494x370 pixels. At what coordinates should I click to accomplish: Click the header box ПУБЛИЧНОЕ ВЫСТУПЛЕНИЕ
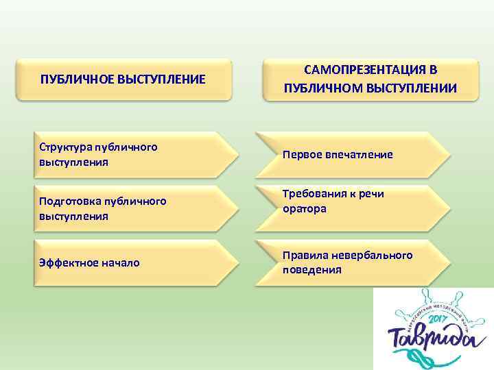[x=123, y=80]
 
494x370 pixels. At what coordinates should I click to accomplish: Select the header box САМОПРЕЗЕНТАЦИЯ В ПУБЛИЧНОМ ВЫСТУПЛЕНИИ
[x=370, y=79]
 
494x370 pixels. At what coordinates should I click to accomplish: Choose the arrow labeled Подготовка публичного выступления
[x=130, y=208]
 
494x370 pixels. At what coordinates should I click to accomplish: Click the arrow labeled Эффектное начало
[x=130, y=262]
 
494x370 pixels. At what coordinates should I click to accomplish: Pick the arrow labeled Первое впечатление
[x=353, y=155]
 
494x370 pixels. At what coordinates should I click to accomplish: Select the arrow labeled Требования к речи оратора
[x=353, y=201]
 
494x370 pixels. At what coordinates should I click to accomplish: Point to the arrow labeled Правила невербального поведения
[x=353, y=262]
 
